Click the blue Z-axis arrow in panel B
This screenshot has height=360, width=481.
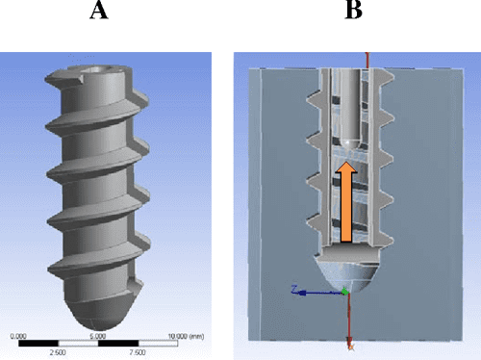pyautogui.click(x=308, y=291)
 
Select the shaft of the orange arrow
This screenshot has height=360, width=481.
pyautogui.click(x=348, y=207)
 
